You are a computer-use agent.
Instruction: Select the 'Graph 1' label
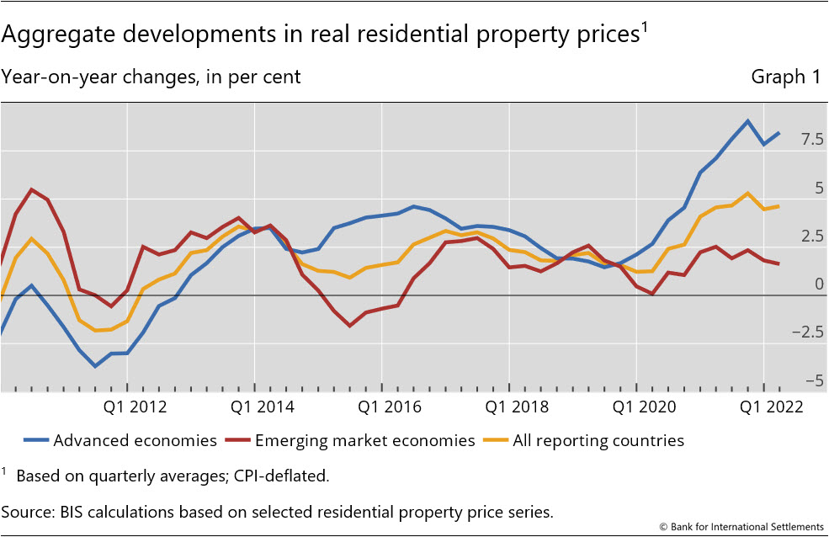(x=785, y=77)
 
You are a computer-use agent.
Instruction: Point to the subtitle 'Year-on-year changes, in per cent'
(x=151, y=77)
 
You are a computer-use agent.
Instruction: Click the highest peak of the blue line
(x=747, y=120)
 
